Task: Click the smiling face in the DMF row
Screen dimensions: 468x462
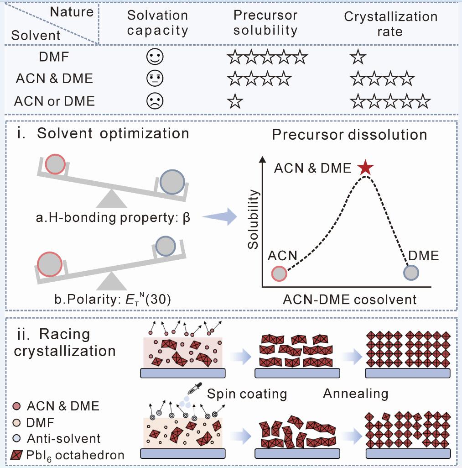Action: pyautogui.click(x=154, y=58)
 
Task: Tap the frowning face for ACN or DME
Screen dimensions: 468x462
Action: pyautogui.click(x=154, y=101)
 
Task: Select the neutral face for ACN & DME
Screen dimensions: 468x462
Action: pyautogui.click(x=154, y=79)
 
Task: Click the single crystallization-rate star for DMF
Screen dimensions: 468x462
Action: pyautogui.click(x=358, y=58)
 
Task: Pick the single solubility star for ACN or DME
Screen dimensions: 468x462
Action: pyautogui.click(x=235, y=101)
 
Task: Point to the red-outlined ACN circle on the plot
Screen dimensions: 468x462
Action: pyautogui.click(x=279, y=273)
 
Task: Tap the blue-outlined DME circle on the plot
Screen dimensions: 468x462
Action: pyautogui.click(x=411, y=273)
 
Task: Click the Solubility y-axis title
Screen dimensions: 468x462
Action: pyautogui.click(x=254, y=220)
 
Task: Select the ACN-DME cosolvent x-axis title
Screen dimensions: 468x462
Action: pyautogui.click(x=350, y=299)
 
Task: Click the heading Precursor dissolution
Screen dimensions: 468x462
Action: pyautogui.click(x=349, y=135)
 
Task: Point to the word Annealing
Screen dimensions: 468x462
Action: pyautogui.click(x=355, y=394)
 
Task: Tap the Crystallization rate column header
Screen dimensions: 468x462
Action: pyautogui.click(x=390, y=24)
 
